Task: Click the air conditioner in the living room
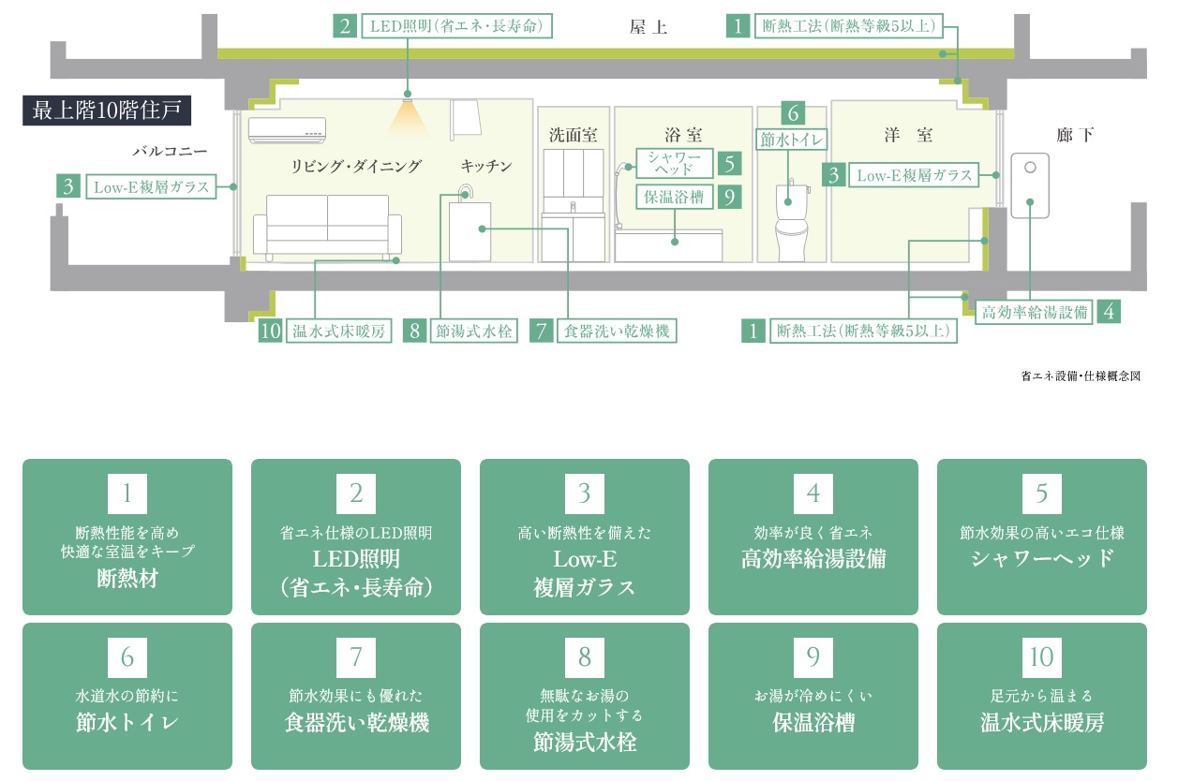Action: click(x=287, y=129)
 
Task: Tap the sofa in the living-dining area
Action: click(x=327, y=225)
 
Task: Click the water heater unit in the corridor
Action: click(x=1028, y=185)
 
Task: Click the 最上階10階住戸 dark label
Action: click(x=107, y=111)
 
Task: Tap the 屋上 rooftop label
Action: click(x=648, y=27)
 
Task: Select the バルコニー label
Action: click(x=169, y=150)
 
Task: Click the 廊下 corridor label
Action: click(x=1075, y=136)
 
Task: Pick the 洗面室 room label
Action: click(x=573, y=136)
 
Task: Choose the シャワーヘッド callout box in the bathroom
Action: click(x=675, y=163)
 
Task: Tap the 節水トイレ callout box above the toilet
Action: click(x=792, y=140)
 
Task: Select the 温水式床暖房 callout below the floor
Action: click(x=339, y=331)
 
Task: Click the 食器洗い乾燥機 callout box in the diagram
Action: click(x=616, y=331)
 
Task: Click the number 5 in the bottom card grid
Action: click(x=1041, y=493)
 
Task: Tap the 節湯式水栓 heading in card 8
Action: click(x=584, y=744)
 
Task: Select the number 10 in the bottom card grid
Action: click(x=1041, y=657)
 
